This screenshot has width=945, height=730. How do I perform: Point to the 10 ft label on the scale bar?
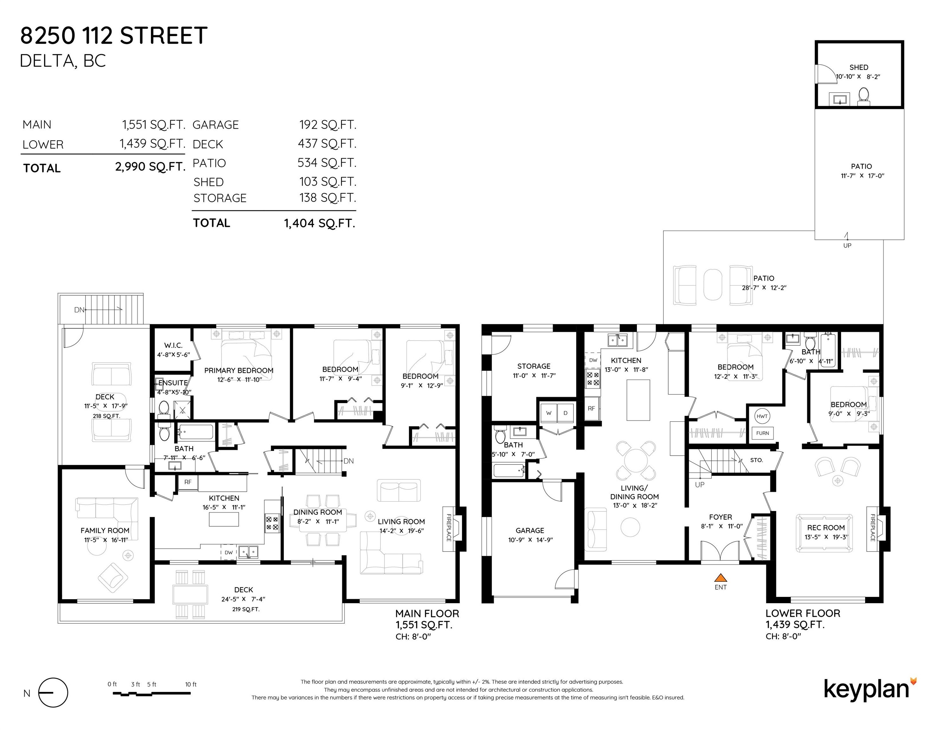(191, 684)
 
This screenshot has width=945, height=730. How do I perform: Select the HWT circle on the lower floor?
(762, 416)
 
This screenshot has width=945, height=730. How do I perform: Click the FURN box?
(762, 433)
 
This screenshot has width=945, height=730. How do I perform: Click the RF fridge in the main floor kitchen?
(188, 482)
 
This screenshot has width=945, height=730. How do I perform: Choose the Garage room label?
(530, 530)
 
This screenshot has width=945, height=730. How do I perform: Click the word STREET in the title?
(164, 35)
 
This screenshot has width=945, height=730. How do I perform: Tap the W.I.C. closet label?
(173, 345)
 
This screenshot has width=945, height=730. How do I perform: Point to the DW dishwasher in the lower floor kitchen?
(593, 360)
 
